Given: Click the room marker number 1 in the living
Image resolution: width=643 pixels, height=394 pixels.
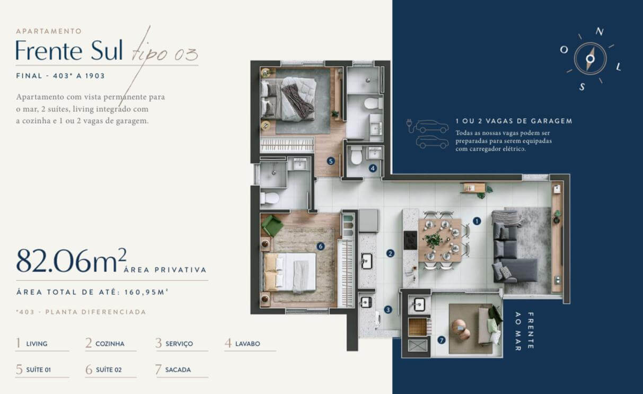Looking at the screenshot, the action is pos(477,221).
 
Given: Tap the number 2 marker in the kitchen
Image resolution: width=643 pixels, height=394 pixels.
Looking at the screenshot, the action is pos(390,253).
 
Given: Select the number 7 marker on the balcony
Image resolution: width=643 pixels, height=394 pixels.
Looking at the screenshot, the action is pos(441,340).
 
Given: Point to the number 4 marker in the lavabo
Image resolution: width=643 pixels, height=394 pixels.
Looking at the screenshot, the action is pos(373,168).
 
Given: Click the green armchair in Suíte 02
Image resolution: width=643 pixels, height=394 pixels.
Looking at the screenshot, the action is pos(271,226).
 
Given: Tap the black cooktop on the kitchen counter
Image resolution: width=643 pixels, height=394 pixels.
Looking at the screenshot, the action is pos(410,240).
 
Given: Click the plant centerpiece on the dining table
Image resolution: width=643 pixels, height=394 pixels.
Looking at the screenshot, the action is pos(433,240).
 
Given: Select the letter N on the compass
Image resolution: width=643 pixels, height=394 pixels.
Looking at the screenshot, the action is pos(599,32).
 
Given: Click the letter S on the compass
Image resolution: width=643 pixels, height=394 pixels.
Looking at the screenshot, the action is pos(582,86).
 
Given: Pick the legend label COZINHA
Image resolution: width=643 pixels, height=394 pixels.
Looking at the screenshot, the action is pos(110,344).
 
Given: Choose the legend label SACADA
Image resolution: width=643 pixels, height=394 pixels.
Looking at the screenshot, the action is pos(178,370).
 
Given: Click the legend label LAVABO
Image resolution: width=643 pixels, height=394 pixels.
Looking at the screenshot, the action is pos(248,344).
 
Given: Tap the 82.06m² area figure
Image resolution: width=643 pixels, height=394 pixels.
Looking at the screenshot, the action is pos(71,260).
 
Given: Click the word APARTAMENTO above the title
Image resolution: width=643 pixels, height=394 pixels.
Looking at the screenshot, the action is pos(49,31).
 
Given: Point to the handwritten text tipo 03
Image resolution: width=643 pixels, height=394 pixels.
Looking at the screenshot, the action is pos(164,54).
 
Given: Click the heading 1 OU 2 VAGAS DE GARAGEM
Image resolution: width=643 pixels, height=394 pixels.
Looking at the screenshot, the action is pos(514,121).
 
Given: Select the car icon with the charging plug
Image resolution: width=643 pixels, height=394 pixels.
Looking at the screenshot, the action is pos(427,127).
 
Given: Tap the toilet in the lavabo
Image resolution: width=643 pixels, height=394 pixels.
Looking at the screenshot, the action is pos(356,155).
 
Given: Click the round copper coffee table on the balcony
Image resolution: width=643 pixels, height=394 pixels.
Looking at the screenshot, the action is pos(461,330).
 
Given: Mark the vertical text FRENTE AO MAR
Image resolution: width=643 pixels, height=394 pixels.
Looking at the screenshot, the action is pos(524,331).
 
